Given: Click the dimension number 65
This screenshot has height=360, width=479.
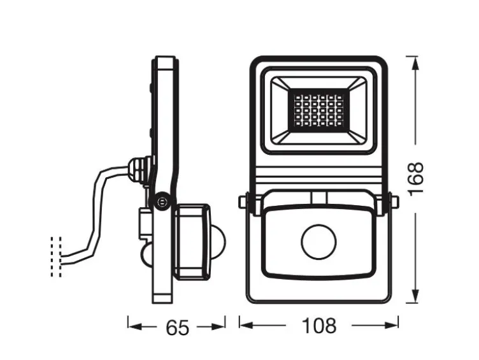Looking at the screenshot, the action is click(x=178, y=327).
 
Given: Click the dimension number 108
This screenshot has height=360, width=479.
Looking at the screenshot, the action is click(x=319, y=326).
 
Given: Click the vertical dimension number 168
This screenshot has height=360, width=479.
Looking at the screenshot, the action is click(x=415, y=180).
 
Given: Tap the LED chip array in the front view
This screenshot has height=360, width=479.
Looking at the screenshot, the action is click(x=318, y=110).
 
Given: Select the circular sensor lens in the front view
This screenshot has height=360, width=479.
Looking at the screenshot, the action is click(x=318, y=241).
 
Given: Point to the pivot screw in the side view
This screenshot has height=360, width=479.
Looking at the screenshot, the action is click(x=162, y=201).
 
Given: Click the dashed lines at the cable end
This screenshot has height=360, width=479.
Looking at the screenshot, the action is click(x=56, y=257).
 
